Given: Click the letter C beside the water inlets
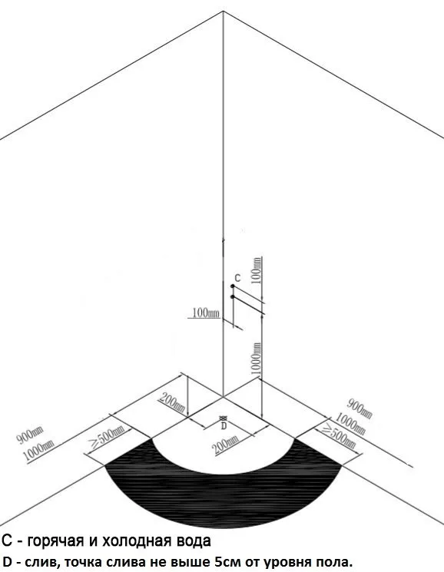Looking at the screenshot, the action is (237, 279).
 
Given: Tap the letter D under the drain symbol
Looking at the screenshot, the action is (224, 425).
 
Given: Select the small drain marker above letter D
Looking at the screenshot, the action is (223, 418).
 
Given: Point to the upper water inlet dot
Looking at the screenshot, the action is (233, 286).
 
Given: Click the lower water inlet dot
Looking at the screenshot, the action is (233, 297).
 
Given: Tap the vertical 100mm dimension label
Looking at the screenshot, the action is (257, 269).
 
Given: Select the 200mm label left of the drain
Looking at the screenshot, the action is (173, 403).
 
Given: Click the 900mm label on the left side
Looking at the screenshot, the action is (30, 435).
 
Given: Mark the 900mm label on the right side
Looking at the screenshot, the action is (360, 408).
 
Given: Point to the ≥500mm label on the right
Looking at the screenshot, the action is (339, 436).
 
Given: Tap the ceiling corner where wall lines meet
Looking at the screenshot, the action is (224, 12).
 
